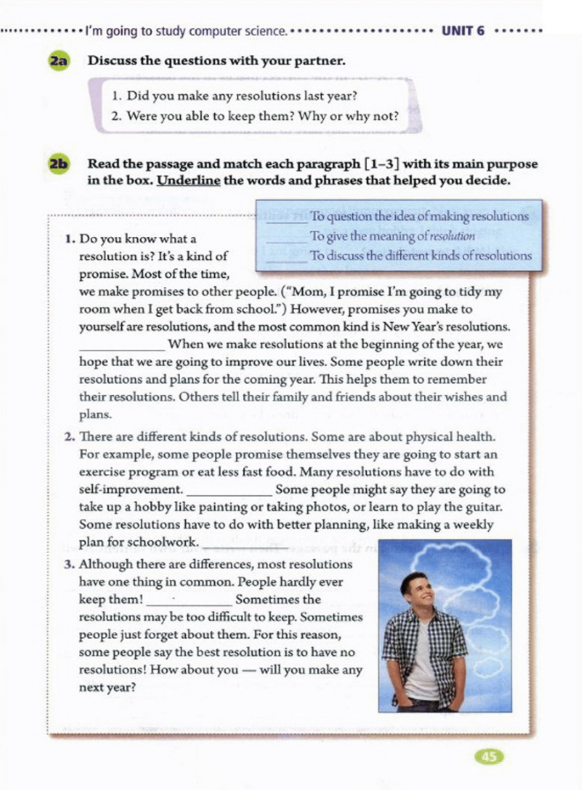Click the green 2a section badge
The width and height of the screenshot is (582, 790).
[x=58, y=60]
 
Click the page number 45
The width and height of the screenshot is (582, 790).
[x=489, y=757]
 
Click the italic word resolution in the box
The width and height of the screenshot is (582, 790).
[x=451, y=236]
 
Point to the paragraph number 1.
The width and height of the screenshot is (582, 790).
[x=69, y=239]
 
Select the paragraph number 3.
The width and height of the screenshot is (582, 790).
[x=69, y=564]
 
